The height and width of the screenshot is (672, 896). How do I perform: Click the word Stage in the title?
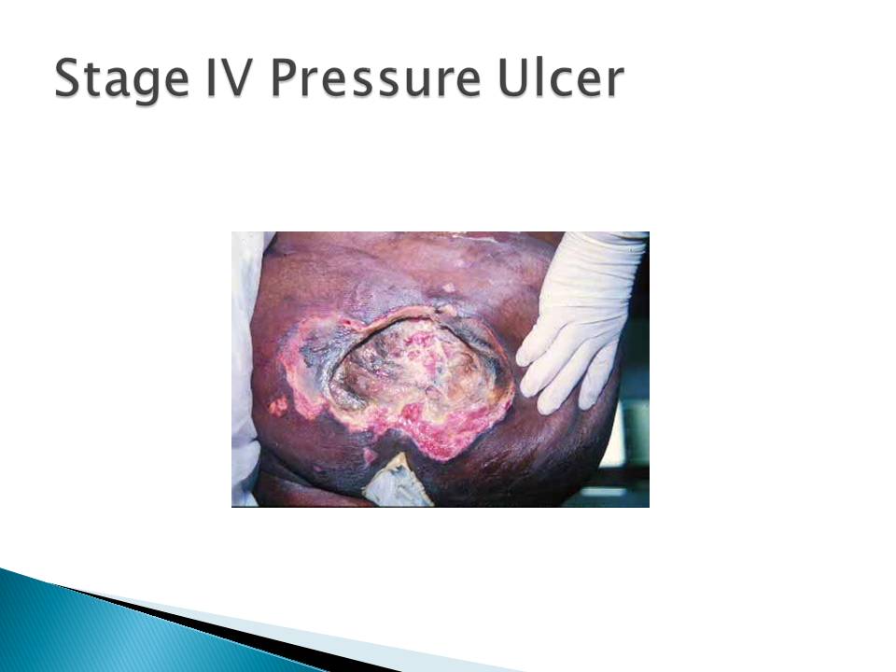(121, 78)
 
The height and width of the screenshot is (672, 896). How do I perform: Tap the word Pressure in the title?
(375, 77)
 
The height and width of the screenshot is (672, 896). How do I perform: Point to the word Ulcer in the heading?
(560, 77)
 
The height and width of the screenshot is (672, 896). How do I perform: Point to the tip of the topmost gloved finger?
(521, 358)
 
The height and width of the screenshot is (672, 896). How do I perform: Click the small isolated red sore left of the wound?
(278, 406)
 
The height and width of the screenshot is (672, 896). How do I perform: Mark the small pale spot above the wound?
(449, 288)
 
